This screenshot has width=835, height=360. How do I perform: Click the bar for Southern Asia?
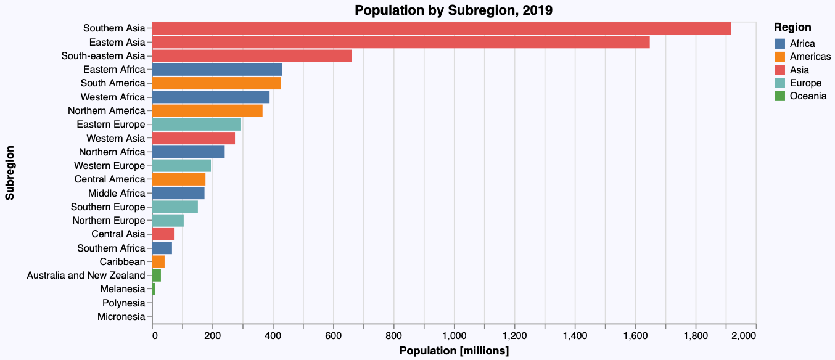[x=441, y=28]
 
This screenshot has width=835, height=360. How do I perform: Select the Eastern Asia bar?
[x=400, y=42]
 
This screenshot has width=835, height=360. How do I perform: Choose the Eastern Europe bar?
[x=196, y=125]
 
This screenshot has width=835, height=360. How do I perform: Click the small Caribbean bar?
[x=158, y=262]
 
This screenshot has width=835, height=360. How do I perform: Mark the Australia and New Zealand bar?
[x=156, y=276]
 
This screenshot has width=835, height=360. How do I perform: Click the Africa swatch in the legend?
[x=780, y=44]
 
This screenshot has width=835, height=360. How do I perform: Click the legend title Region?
[x=792, y=28]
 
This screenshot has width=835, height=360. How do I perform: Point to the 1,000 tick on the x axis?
[x=454, y=335]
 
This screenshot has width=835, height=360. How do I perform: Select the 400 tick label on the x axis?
[x=273, y=335]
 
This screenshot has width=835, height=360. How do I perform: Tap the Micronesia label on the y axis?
[x=121, y=317]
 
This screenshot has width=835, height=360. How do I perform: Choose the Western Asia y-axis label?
[x=116, y=138]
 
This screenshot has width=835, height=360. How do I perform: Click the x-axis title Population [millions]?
[x=454, y=351]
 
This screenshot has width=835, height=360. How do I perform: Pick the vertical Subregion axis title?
[x=10, y=173]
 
